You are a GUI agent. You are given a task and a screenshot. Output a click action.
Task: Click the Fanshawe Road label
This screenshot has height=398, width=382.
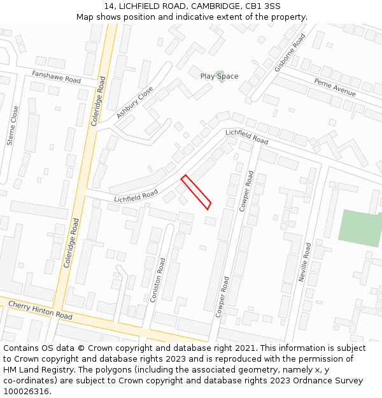point(57,76)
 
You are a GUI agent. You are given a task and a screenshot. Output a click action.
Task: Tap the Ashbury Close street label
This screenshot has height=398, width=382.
point(134,103)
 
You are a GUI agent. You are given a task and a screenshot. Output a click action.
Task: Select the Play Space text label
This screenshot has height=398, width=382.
point(219,76)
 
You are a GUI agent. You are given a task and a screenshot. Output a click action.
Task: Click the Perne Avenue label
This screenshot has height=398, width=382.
point(334,87)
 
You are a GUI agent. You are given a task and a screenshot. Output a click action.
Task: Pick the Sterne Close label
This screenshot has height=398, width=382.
point(13,125)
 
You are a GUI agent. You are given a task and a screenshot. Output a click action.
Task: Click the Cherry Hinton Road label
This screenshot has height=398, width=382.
point(40,310)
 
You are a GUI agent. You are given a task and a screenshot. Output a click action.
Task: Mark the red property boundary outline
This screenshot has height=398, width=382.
point(196,192)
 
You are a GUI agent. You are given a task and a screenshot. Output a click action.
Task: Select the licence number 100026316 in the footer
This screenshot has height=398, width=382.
point(27,392)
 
